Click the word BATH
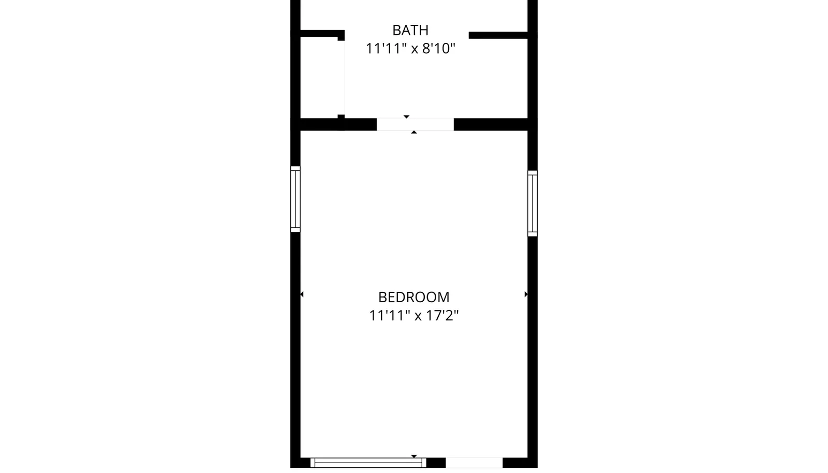(410, 31)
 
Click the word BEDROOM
(413, 297)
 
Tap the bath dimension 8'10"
(439, 49)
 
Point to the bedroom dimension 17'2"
(442, 316)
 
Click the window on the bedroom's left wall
(295, 199)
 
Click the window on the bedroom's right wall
(533, 203)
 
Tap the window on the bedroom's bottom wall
(368, 463)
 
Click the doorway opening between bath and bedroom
(415, 125)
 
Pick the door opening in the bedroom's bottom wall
(474, 463)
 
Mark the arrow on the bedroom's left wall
(302, 294)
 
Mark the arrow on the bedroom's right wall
(526, 294)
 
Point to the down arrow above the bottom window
(414, 456)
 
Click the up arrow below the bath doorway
(414, 132)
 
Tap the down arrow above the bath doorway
(407, 117)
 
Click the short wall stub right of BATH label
(498, 36)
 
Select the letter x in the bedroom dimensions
(418, 317)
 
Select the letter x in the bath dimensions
(415, 50)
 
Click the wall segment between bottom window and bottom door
(436, 463)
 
